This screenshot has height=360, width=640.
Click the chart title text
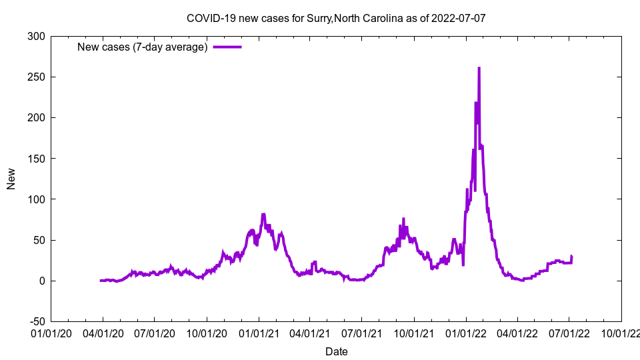(336, 18)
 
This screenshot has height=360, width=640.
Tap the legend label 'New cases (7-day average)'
(143, 47)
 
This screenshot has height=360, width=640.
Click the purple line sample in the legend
(227, 47)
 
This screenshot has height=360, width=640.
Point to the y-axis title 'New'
(11, 179)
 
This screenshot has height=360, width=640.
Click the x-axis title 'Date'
(336, 351)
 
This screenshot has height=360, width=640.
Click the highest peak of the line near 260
(479, 68)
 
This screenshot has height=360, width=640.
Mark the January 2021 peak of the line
(263, 215)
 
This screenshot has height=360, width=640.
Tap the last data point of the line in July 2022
(571, 257)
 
